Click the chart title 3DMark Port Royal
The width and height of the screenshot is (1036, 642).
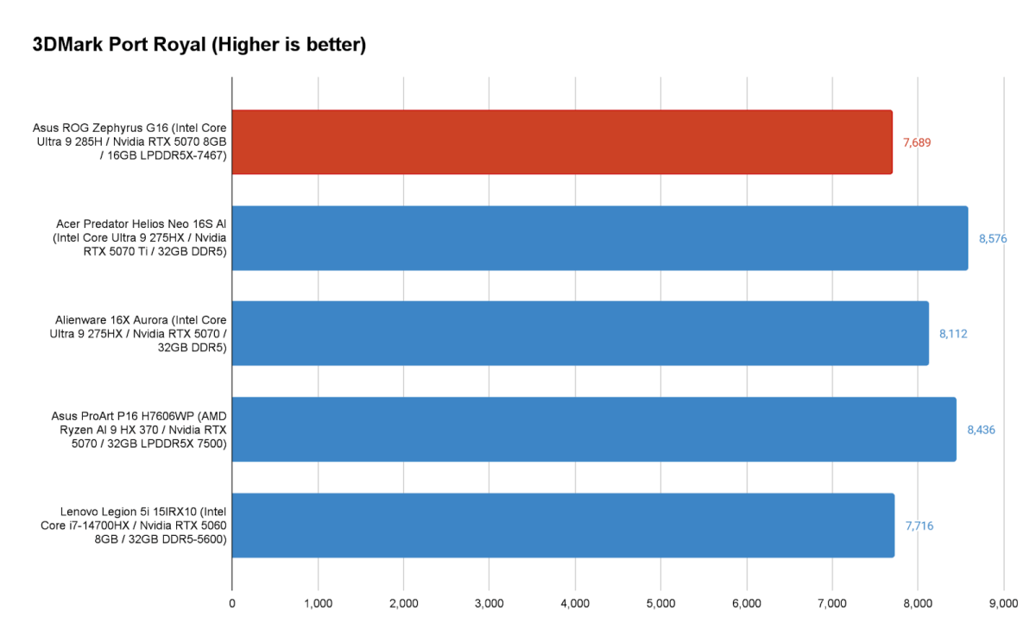coord(199,45)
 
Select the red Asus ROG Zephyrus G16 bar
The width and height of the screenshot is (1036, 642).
coord(561,142)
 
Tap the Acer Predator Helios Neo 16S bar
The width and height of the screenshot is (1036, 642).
coord(599,238)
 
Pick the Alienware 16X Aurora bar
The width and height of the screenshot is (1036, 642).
coord(580,333)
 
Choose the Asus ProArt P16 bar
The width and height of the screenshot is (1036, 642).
coord(594,429)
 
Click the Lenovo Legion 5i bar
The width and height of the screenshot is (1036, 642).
coord(563,525)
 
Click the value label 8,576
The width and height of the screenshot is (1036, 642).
coord(994,238)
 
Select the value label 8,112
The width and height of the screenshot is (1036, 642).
coord(953,333)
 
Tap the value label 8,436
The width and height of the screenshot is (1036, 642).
coord(981,429)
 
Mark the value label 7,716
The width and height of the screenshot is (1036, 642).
coord(919,525)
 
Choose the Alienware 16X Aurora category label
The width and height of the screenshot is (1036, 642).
coord(141,333)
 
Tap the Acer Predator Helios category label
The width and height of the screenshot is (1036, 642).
coord(138,238)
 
